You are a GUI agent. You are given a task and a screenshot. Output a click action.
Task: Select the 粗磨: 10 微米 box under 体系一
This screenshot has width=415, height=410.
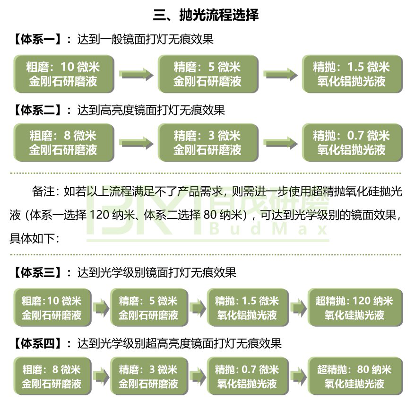coord(63,74)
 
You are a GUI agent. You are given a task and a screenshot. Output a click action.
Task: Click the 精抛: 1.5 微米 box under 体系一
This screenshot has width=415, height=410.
coord(351,74)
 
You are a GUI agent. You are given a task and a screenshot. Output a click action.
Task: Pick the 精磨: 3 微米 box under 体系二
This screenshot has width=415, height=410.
coord(207,143)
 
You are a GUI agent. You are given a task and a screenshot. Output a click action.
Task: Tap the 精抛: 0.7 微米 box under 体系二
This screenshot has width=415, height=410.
coord(351,143)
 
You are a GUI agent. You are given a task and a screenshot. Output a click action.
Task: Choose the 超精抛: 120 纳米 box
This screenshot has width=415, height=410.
coord(354,307)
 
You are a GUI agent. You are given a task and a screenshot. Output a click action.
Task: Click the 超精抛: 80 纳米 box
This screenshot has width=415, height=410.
coord(354,376)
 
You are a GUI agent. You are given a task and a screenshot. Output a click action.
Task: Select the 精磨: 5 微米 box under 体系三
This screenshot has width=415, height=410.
coord(148,307)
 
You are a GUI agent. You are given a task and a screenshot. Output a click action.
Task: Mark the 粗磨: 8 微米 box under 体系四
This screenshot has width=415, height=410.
coord(52,376)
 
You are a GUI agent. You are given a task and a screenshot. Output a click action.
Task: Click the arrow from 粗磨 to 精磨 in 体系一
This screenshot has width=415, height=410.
coord(136,74)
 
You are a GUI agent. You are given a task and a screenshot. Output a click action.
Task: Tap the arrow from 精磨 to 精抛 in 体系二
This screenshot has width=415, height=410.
coord(280,143)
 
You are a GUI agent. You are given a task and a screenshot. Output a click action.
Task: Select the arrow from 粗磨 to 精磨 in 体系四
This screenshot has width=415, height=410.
coord(100,376)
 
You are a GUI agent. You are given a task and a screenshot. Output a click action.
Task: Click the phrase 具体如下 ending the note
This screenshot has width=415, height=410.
coord(31,238)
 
